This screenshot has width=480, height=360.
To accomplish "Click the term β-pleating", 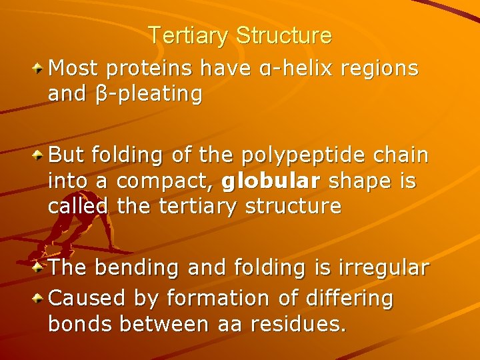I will click(x=145, y=94).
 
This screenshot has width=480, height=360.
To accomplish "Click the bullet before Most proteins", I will click(x=39, y=67).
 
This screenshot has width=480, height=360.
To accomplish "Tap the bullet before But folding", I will click(x=39, y=155).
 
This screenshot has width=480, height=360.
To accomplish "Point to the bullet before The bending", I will click(x=39, y=267).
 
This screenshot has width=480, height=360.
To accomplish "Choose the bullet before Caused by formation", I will click(x=39, y=298).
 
